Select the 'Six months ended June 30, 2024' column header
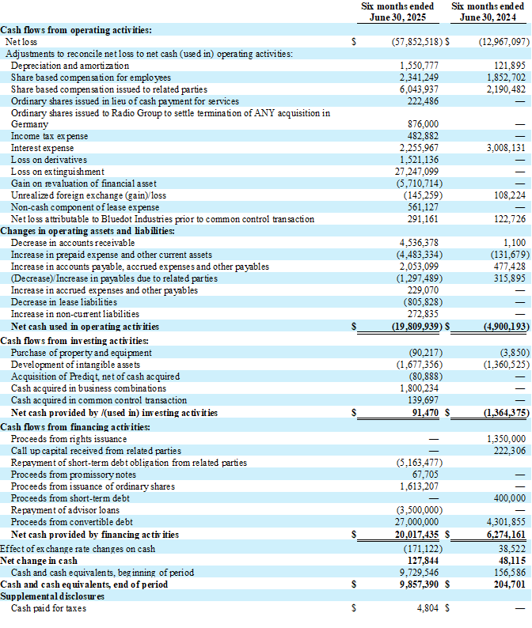(x=490, y=11)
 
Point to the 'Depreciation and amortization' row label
(x=70, y=66)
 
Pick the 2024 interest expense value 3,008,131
(x=504, y=148)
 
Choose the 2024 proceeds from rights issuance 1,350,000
(x=506, y=439)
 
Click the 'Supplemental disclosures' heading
(x=53, y=596)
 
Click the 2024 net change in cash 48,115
(x=511, y=561)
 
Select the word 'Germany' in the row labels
(x=30, y=124)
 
